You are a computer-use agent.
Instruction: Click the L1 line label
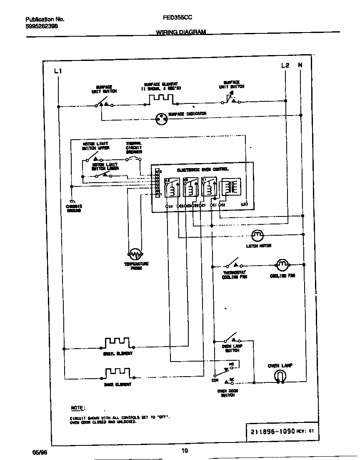(58, 71)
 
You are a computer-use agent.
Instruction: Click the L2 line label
(285, 65)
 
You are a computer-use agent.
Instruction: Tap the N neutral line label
(300, 65)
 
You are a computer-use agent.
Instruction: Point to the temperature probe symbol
(136, 254)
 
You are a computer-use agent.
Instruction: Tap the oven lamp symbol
(280, 377)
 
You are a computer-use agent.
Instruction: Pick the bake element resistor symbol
(117, 372)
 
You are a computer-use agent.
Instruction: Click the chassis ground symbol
(72, 201)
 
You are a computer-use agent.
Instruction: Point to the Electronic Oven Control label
(202, 170)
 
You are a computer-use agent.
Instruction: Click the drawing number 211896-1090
(272, 431)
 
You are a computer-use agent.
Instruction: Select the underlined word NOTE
(77, 407)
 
